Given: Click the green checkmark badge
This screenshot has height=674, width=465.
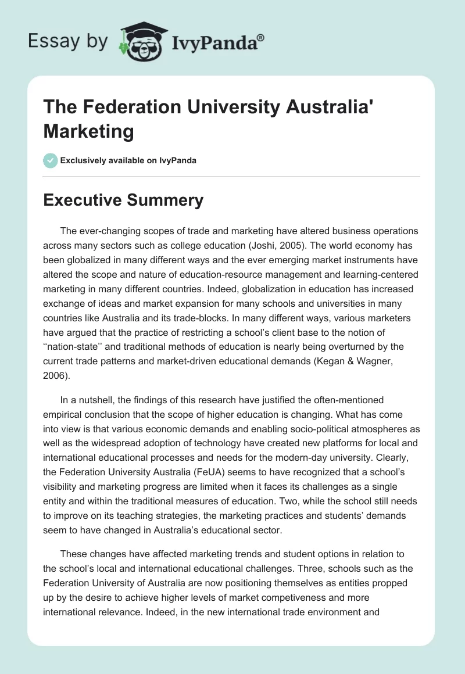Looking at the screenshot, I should (51, 160).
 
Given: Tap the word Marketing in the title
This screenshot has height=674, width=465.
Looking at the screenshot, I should (88, 132).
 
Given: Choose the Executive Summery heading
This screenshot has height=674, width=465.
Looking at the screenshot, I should (123, 200).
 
